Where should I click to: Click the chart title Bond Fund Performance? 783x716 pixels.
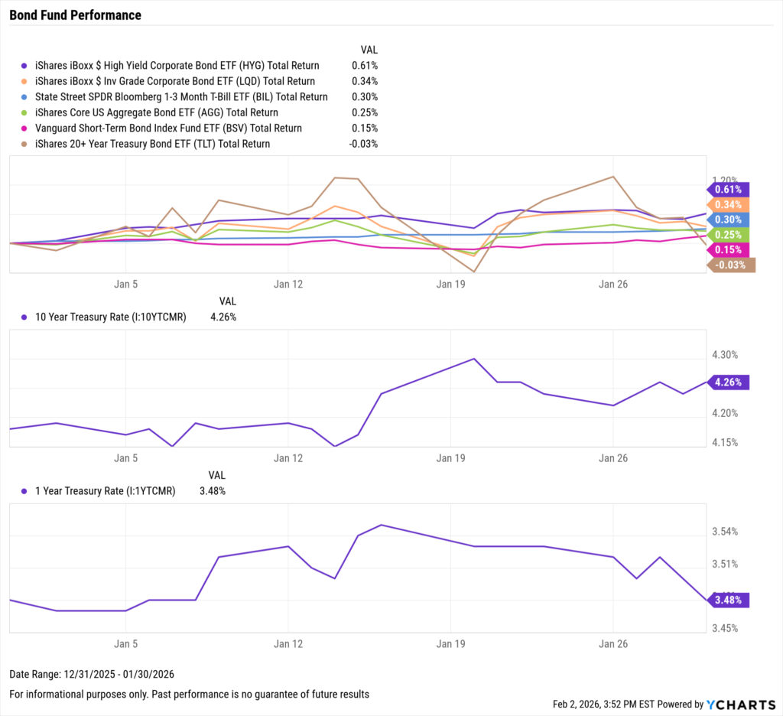(75, 15)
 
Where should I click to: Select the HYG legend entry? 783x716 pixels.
(176, 66)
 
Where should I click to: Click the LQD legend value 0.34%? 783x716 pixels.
(364, 81)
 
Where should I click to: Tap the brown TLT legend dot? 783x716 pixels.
(24, 144)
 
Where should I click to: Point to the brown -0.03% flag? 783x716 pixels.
(732, 265)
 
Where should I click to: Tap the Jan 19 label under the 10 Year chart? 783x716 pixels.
(450, 458)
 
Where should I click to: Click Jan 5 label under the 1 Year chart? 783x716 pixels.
(125, 644)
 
